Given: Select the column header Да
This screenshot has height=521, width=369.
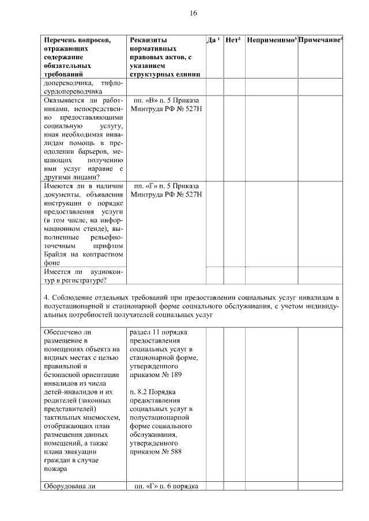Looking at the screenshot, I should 212,40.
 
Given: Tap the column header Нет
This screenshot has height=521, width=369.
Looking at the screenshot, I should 232,40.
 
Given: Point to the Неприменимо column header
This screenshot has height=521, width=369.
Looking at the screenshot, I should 270,40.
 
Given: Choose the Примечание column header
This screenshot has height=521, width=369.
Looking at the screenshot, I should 321,40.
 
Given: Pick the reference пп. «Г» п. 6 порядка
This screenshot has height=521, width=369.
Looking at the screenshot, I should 166,487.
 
